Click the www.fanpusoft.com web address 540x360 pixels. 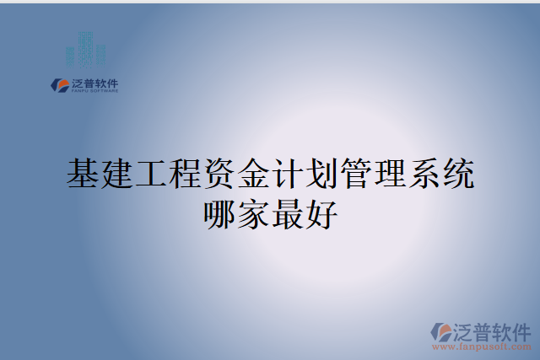coord(482,346)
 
